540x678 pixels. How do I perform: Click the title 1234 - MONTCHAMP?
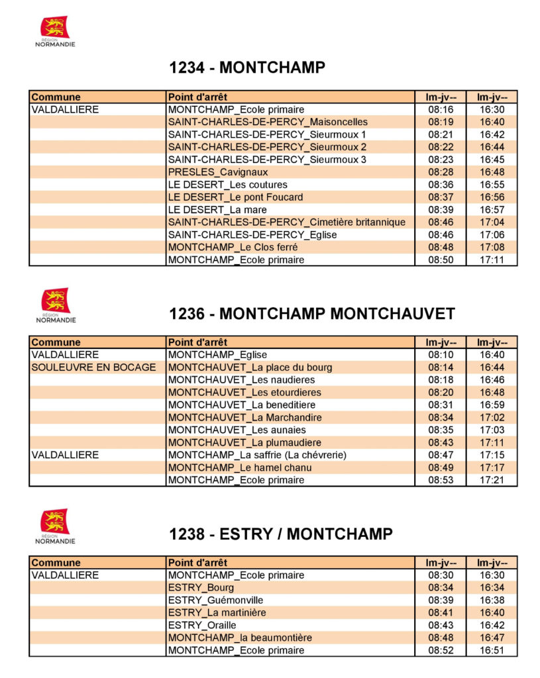tap(247, 67)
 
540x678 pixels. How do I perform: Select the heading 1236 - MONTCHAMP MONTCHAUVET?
tap(312, 313)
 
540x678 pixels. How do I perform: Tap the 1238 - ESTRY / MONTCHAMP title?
tap(281, 534)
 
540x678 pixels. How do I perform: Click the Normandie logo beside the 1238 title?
tap(55, 526)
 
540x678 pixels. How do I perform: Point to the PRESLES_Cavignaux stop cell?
tap(218, 172)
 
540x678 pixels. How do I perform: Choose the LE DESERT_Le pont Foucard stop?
tap(235, 197)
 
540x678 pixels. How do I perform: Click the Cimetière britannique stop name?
tap(286, 222)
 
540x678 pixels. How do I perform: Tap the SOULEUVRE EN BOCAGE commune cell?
tap(93, 367)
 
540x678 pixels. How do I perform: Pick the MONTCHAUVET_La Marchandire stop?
tap(244, 418)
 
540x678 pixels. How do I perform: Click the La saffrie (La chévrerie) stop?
tap(257, 456)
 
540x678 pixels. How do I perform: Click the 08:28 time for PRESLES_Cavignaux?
tap(441, 172)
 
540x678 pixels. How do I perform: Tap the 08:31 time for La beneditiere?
tap(441, 405)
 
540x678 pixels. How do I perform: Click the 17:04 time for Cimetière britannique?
tap(492, 222)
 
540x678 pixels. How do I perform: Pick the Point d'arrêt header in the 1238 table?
tap(197, 563)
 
